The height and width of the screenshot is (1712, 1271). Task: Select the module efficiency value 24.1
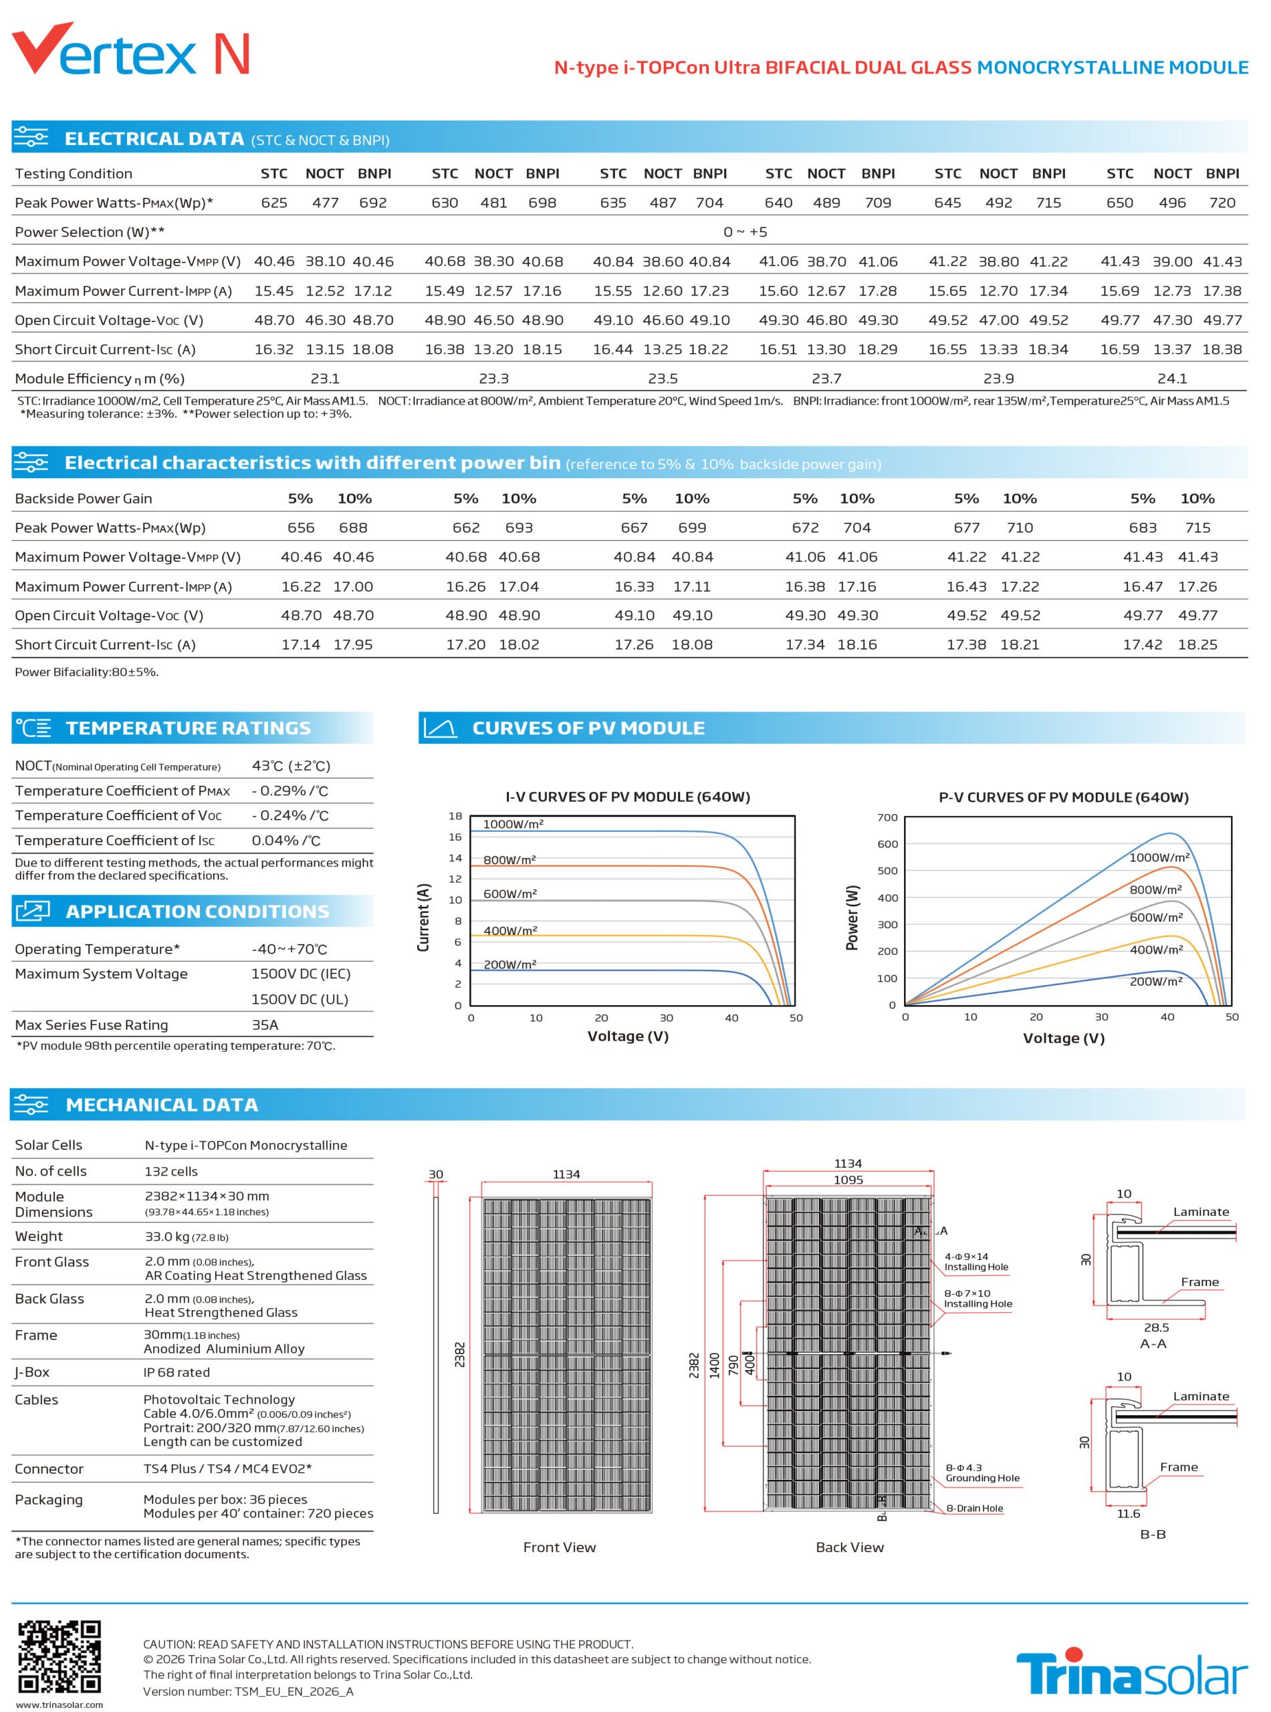pyautogui.click(x=1172, y=379)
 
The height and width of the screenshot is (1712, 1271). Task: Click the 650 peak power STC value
pyautogui.click(x=1119, y=203)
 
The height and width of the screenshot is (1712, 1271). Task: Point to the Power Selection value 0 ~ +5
pyautogui.click(x=745, y=231)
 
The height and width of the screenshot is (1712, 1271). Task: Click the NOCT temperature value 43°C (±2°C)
pyautogui.click(x=291, y=766)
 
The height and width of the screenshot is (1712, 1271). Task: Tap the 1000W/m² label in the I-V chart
pyautogui.click(x=513, y=824)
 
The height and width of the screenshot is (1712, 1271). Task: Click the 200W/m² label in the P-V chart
pyautogui.click(x=1155, y=982)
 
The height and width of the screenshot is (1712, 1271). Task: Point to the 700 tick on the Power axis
pyautogui.click(x=887, y=817)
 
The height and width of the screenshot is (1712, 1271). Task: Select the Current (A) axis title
pyautogui.click(x=423, y=917)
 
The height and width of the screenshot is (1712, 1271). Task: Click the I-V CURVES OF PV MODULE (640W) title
pyautogui.click(x=628, y=796)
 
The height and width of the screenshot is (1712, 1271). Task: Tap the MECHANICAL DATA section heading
pyautogui.click(x=162, y=1105)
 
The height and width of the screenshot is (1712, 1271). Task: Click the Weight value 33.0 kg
pyautogui.click(x=168, y=1237)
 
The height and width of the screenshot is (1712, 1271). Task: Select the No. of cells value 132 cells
pyautogui.click(x=170, y=1171)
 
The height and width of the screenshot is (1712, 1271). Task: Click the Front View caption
pyautogui.click(x=560, y=1547)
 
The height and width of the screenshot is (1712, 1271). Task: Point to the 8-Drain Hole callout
pyautogui.click(x=974, y=1508)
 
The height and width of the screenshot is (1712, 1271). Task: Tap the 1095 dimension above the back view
pyautogui.click(x=848, y=1180)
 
